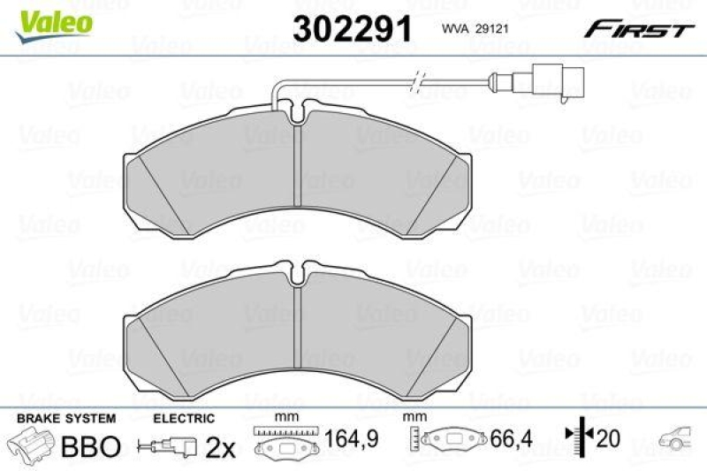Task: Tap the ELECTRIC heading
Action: point(184,418)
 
